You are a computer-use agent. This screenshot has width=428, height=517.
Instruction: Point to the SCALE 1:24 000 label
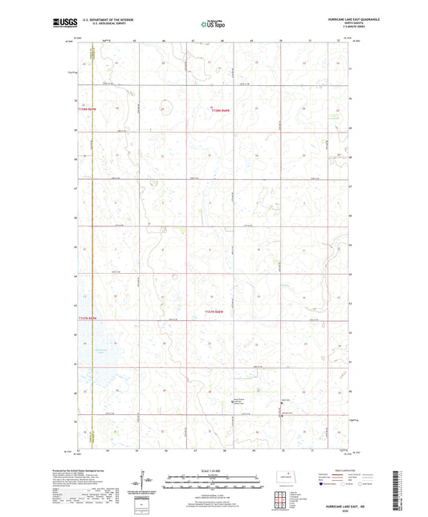[x=214, y=470]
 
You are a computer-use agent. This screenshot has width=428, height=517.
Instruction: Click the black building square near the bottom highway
[x=279, y=416]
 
